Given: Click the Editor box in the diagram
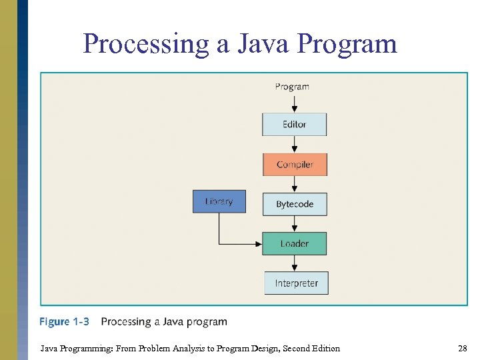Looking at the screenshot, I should pyautogui.click(x=294, y=125).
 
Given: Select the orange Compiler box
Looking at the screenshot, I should pyautogui.click(x=295, y=165).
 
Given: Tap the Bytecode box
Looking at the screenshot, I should pyautogui.click(x=295, y=204).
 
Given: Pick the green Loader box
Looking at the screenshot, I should pyautogui.click(x=294, y=243).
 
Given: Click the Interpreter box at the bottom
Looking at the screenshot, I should pyautogui.click(x=297, y=283).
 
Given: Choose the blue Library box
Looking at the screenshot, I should pyautogui.click(x=219, y=201).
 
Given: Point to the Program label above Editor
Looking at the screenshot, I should pyautogui.click(x=292, y=87).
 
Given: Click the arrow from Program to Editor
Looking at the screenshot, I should pyautogui.click(x=294, y=103).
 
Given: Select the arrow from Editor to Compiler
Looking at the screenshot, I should pyautogui.click(x=294, y=145).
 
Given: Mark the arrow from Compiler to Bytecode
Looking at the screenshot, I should pyautogui.click(x=294, y=185).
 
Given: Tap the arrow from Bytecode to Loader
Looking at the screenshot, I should pyautogui.click(x=294, y=224).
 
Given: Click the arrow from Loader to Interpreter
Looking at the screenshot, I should pyautogui.click(x=295, y=263).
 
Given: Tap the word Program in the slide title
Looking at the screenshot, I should pyautogui.click(x=347, y=44).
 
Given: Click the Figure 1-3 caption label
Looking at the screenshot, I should pyautogui.click(x=64, y=322).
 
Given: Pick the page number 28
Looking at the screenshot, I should pyautogui.click(x=462, y=348).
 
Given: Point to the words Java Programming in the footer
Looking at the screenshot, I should pyautogui.click(x=71, y=348).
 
